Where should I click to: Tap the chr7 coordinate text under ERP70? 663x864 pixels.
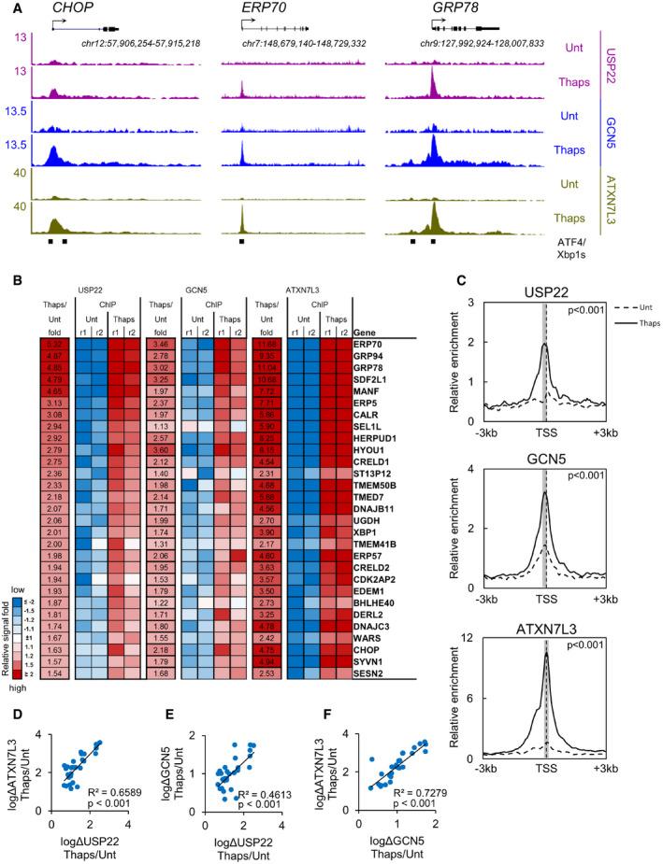[300, 45]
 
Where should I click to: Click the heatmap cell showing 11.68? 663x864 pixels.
[267, 343]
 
